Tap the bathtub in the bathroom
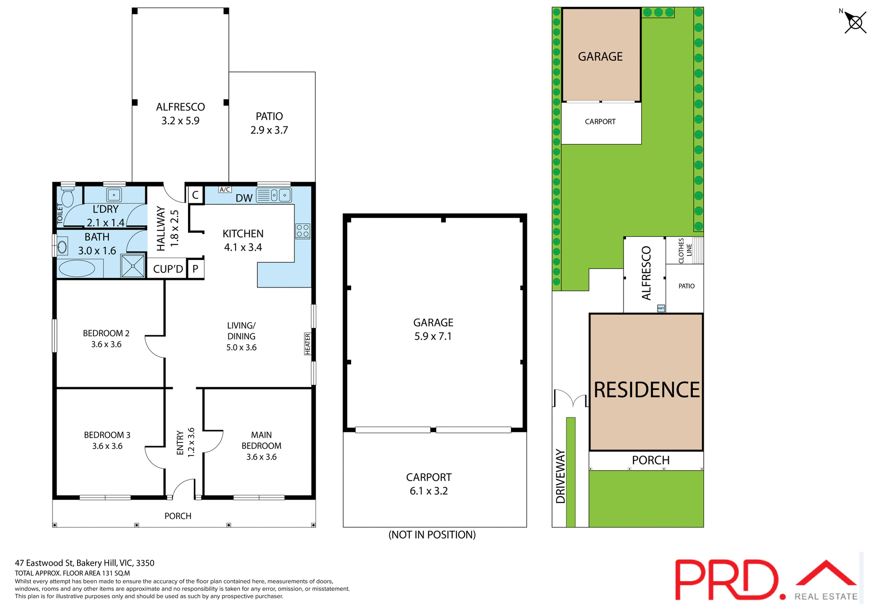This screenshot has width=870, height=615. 77,269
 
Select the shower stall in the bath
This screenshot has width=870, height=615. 133,266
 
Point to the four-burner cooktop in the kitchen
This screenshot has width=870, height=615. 303,231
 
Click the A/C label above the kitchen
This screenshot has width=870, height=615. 225,190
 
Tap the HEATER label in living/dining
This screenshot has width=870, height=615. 308,344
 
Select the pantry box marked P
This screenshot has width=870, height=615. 195,269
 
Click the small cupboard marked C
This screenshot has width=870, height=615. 195,195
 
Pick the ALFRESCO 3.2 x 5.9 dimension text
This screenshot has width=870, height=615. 180,120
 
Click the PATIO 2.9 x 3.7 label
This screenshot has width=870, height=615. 269,123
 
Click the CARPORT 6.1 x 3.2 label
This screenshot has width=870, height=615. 429,484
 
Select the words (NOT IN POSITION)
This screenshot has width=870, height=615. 432,535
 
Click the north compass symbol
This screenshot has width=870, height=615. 855,22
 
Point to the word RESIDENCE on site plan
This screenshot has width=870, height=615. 647,390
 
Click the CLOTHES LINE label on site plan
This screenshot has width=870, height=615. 685,250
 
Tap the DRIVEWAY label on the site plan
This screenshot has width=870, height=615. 561,476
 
